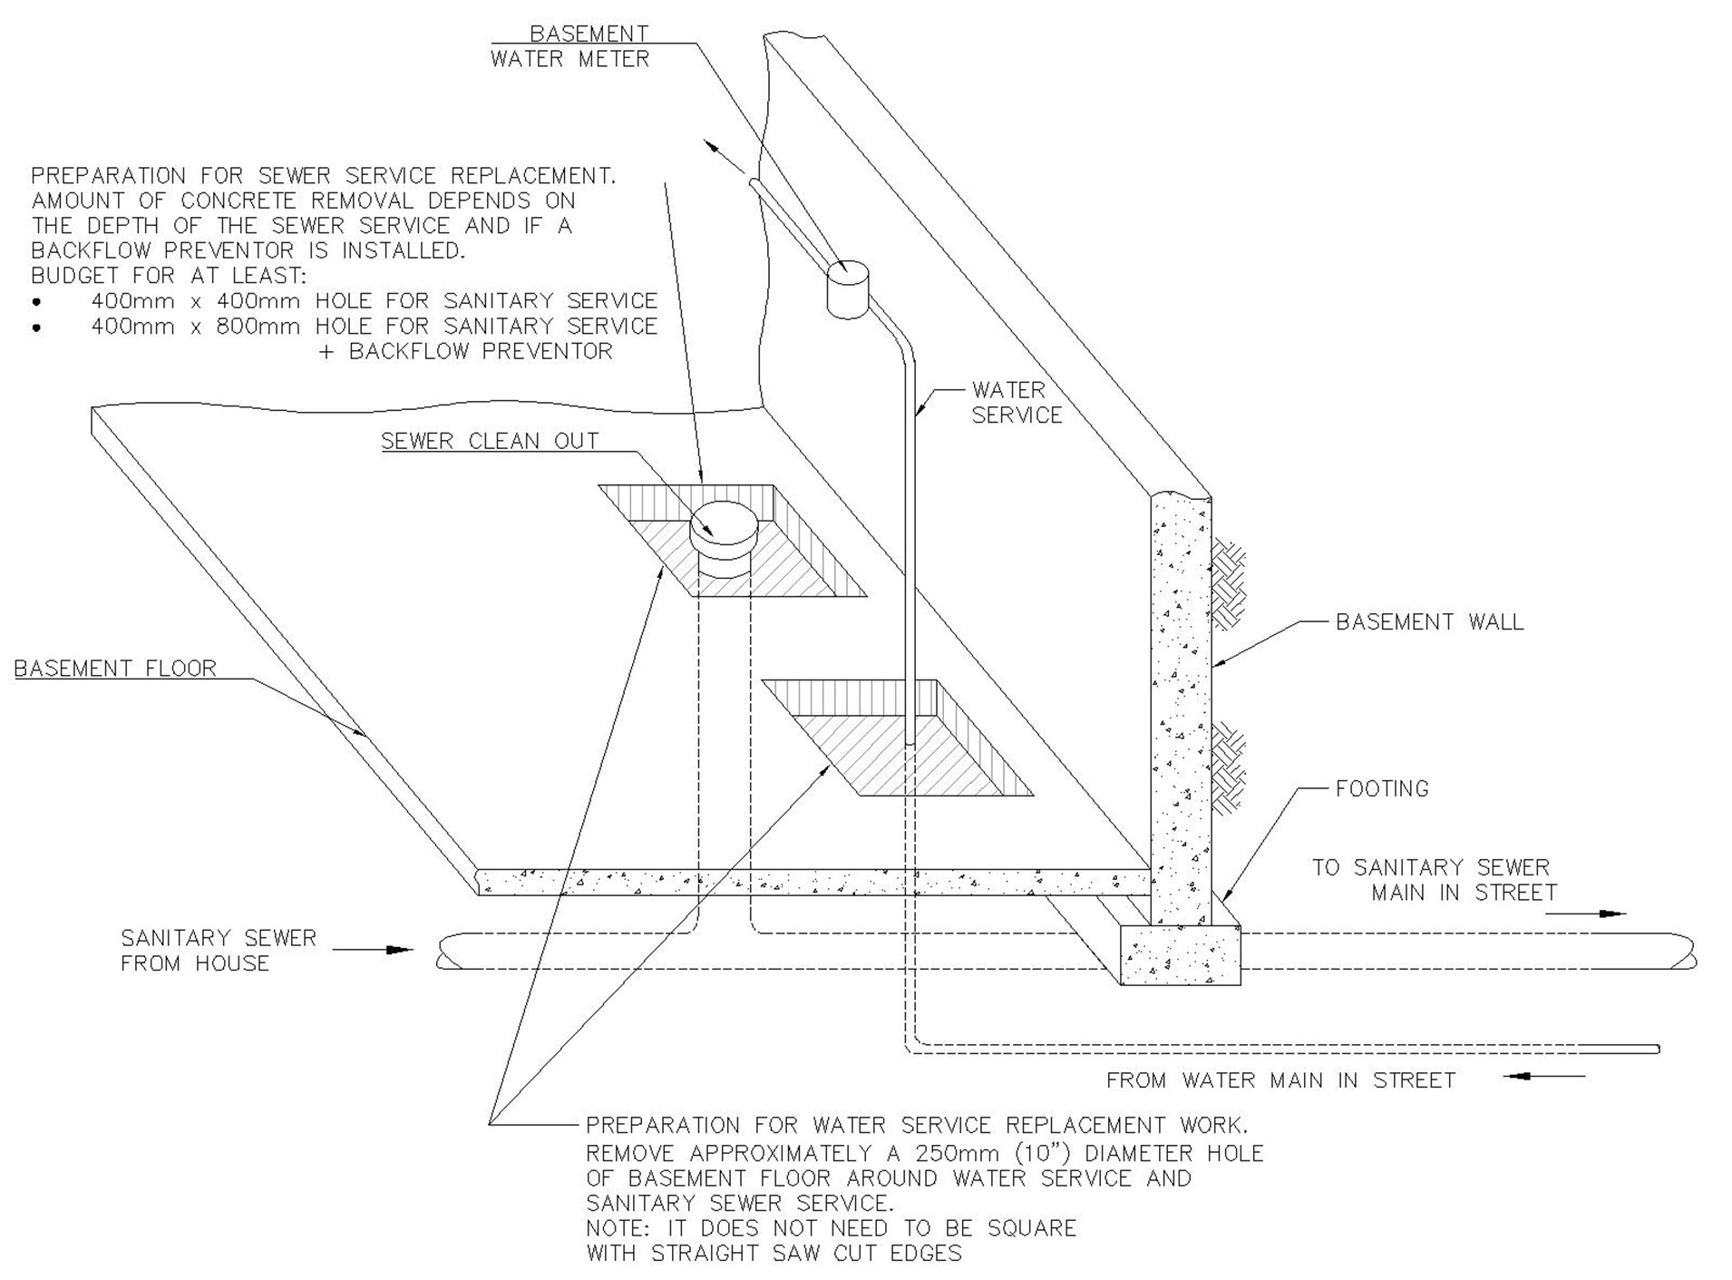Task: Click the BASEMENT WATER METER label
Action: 570,46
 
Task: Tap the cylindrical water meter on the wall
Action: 849,289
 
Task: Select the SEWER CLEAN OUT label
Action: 490,441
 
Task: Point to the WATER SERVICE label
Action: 1017,402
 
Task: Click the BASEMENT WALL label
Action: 1429,621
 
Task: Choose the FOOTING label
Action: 1382,788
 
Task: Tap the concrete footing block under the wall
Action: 1180,954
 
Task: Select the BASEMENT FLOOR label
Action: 115,669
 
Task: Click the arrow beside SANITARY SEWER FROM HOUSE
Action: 373,950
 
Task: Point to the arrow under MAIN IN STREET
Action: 1586,914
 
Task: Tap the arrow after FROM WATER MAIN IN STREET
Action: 1544,1076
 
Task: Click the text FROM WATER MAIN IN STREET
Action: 1280,1080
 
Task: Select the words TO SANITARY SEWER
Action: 1431,867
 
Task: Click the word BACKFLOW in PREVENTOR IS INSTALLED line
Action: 91,250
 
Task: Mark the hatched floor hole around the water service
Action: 897,738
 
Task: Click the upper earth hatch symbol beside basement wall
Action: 1230,584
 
